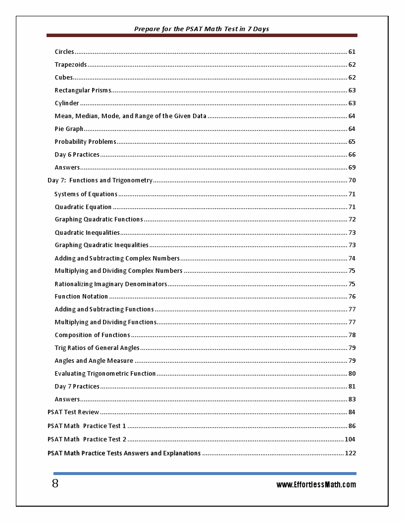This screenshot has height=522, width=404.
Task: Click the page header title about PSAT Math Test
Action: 202,29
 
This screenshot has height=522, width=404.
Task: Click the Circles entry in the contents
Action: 64,52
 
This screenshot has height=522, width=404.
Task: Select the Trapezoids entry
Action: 71,65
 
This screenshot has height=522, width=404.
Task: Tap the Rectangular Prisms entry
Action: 83,90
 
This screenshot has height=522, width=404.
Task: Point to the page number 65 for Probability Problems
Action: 352,142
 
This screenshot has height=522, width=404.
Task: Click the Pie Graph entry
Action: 69,129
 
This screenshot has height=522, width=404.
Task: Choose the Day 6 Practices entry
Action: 77,155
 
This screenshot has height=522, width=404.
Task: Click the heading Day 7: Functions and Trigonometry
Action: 100,180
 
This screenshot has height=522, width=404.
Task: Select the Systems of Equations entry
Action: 86,194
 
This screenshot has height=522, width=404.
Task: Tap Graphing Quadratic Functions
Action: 99,219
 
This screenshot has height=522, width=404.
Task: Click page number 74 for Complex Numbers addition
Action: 352,259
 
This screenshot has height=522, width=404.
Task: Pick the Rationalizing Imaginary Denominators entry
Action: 111,284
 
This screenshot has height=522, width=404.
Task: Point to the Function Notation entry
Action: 81,297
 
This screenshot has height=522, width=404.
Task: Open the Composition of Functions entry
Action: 92,335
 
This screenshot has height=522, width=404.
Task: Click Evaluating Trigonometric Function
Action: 105,374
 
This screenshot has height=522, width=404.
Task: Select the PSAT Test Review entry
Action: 73,412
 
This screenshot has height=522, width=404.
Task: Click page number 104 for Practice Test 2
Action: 350,439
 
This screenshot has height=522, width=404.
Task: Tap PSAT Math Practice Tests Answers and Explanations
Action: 124,453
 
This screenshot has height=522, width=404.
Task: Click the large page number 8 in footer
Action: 55,483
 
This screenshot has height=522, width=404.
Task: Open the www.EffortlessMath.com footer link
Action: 316,485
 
